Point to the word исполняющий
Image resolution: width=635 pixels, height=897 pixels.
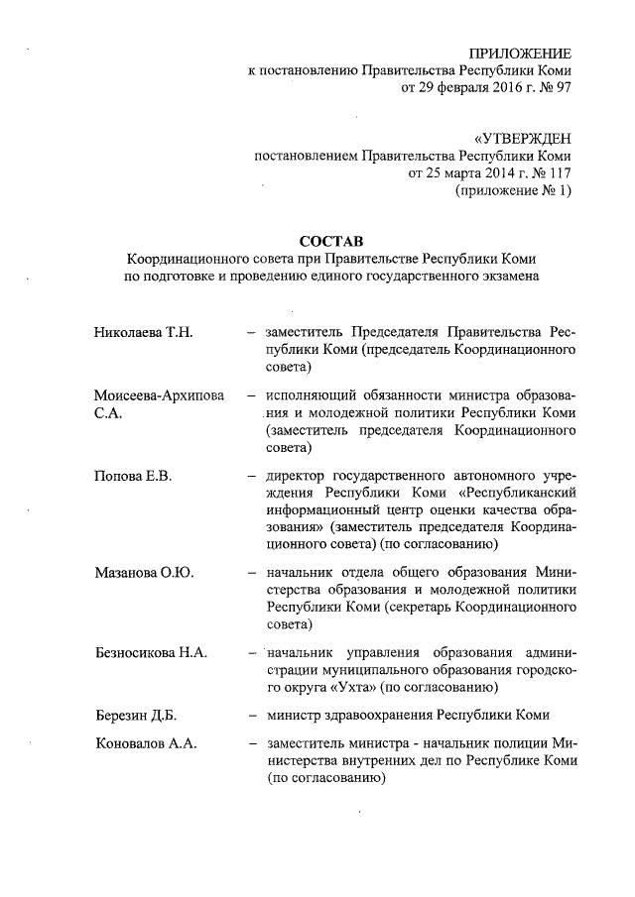click(x=315, y=394)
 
